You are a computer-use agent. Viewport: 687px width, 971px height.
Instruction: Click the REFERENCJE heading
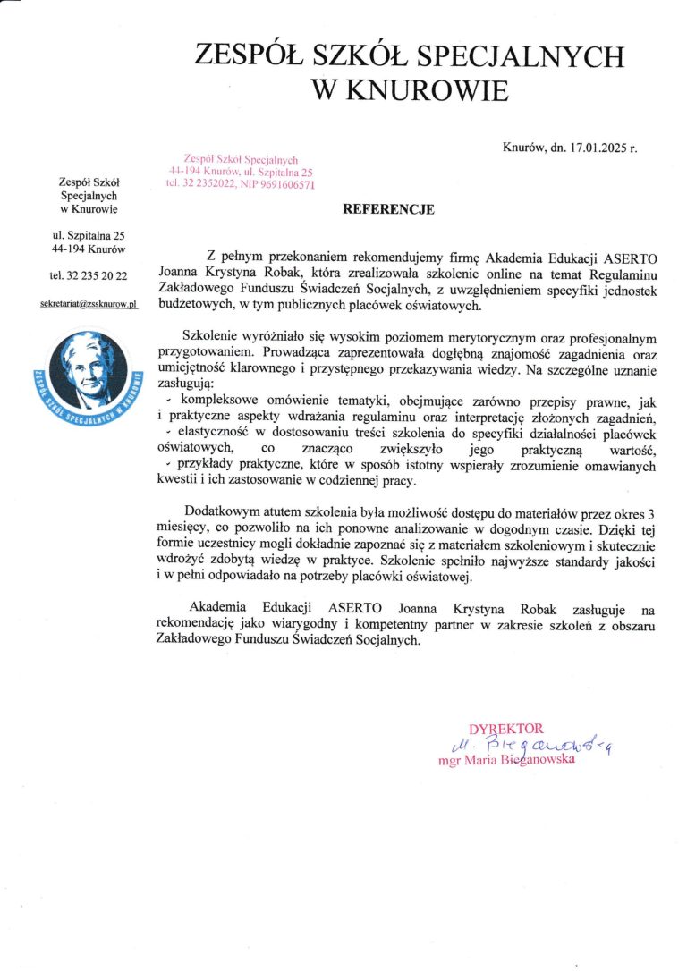point(389,210)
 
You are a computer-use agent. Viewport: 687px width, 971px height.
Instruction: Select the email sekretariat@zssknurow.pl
point(89,304)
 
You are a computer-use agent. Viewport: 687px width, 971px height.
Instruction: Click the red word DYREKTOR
point(505,729)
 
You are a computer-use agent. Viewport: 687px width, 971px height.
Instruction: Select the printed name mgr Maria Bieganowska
point(505,762)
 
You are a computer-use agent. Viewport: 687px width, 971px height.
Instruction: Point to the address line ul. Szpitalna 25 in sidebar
point(89,235)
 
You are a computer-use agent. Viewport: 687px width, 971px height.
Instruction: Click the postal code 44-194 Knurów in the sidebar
point(89,249)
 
